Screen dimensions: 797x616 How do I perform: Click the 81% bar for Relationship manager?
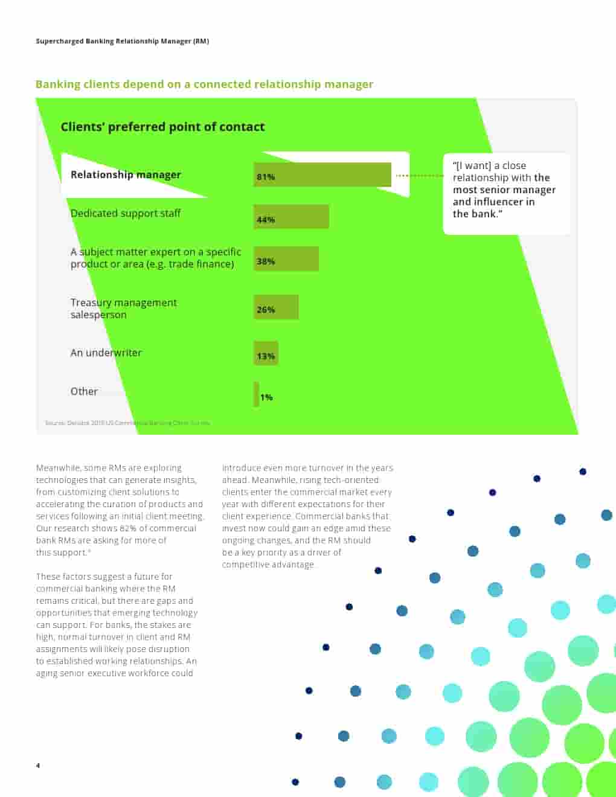click(322, 175)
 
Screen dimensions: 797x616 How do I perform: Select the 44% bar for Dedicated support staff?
click(291, 217)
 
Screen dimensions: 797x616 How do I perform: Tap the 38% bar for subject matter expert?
click(286, 259)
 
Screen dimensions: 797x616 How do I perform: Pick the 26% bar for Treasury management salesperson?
click(276, 307)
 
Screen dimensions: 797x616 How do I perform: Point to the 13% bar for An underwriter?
click(266, 354)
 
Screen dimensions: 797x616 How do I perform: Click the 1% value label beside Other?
click(266, 397)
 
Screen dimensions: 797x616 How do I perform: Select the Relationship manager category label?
click(126, 174)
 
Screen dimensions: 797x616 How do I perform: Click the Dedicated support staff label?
click(126, 213)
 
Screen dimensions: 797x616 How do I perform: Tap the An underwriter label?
click(106, 353)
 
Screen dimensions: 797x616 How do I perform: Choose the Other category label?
click(84, 391)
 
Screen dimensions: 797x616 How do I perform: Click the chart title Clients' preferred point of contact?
click(162, 127)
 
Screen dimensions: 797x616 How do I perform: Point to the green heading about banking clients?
click(204, 85)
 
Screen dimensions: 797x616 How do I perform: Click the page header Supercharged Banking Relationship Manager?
click(122, 41)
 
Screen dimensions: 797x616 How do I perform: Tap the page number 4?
click(38, 766)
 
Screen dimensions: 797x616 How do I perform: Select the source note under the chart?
click(127, 423)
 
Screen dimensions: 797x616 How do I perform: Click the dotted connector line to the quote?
click(420, 176)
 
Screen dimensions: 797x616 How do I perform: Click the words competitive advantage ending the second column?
click(268, 565)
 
